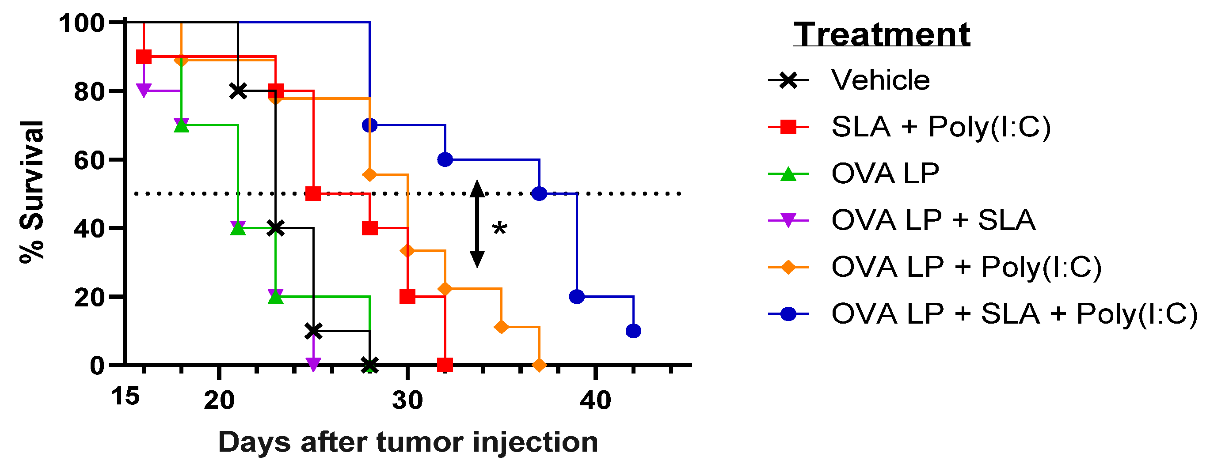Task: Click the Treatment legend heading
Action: coord(882,35)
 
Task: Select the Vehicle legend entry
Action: coord(880,80)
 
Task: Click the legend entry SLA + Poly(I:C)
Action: coord(940,127)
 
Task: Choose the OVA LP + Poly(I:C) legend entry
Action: coord(966,267)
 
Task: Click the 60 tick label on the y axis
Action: coord(89,161)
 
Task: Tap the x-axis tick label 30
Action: coord(407,400)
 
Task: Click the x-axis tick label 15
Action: coord(126,396)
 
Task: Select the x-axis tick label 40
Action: coord(595,400)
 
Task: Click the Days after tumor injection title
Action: coord(408,442)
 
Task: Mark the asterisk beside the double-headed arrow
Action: coord(499,230)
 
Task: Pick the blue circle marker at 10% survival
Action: coord(633,331)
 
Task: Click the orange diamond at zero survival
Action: coord(539,365)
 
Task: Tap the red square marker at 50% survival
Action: coord(313,193)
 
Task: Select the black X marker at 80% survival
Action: coord(238,91)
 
